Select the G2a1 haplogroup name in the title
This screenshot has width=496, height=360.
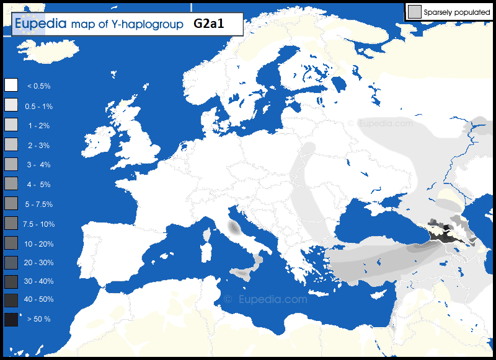click(x=208, y=24)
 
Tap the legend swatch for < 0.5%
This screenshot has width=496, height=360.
click(x=11, y=86)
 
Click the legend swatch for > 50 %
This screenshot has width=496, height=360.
click(x=11, y=319)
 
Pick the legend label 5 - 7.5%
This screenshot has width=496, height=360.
click(x=38, y=204)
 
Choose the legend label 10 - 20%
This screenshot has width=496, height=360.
click(x=38, y=244)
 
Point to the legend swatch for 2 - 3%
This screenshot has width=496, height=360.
click(x=11, y=145)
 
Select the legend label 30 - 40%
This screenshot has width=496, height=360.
click(x=38, y=281)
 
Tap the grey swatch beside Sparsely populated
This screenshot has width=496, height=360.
click(x=414, y=11)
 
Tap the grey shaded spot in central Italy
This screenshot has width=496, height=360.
click(x=234, y=228)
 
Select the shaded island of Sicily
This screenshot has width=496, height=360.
click(x=243, y=273)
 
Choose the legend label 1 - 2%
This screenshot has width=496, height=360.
click(x=38, y=126)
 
